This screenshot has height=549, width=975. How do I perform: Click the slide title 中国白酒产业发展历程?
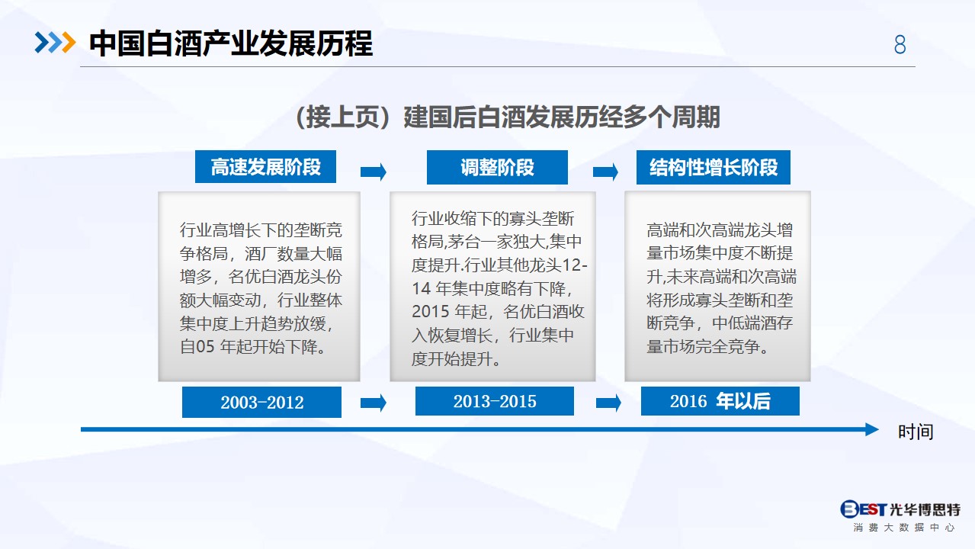231,43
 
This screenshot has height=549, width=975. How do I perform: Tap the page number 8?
900,44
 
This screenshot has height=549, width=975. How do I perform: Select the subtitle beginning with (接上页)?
507,117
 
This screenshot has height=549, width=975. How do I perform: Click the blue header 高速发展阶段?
265,167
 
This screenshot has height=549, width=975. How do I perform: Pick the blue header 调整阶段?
497,167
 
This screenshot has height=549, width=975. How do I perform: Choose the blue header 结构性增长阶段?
714,167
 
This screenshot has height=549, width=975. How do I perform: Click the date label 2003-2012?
261,402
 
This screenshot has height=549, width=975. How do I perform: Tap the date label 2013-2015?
495,401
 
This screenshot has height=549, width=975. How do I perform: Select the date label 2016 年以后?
720,401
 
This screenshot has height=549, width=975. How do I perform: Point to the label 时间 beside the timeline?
916,432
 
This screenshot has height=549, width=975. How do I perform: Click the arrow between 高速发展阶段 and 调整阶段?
374,172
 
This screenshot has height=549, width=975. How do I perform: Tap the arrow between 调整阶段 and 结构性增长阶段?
605,172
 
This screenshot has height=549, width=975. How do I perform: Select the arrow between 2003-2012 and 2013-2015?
374,403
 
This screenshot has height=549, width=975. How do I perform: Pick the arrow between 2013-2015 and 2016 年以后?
608,403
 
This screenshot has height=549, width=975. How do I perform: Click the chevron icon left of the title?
55,43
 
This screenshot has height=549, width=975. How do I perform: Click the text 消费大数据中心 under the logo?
903,528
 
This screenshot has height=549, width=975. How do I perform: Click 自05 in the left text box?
197,346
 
